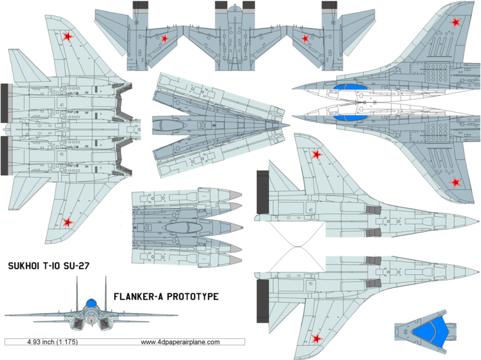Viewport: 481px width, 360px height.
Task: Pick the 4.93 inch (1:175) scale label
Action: click(53, 342)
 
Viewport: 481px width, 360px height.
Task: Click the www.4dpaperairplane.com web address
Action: click(180, 342)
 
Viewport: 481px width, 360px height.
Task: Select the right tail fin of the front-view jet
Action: click(104, 290)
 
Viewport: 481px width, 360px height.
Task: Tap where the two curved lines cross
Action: click(296, 247)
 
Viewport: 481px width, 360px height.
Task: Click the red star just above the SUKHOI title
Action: click(68, 223)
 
